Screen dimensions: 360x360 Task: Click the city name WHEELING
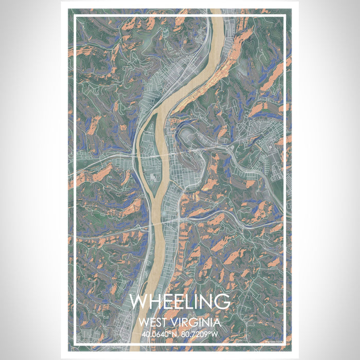point(179,302)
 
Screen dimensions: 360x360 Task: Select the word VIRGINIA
point(198,323)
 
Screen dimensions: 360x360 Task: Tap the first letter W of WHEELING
point(139,302)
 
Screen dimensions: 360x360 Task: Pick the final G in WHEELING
point(221,302)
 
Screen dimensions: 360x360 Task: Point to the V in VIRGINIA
point(177,323)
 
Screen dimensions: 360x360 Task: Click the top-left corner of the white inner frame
point(75,16)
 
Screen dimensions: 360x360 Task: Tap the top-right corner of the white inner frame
point(285,16)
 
